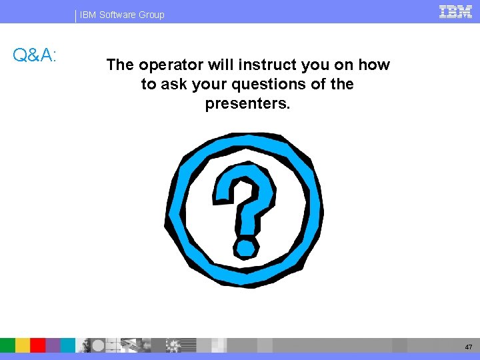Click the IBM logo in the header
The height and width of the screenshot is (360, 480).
[456, 11]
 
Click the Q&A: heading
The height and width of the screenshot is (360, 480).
[35, 55]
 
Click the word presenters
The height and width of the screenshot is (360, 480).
[247, 104]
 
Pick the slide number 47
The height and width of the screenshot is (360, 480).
[469, 347]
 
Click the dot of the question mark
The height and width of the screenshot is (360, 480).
[246, 248]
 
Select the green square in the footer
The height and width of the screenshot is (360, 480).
[7, 345]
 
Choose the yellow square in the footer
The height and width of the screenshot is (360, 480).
[23, 345]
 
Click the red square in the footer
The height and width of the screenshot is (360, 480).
[38, 345]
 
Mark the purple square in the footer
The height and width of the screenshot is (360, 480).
[53, 345]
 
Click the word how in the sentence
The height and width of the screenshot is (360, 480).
[374, 65]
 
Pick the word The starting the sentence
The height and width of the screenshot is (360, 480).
[120, 65]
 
